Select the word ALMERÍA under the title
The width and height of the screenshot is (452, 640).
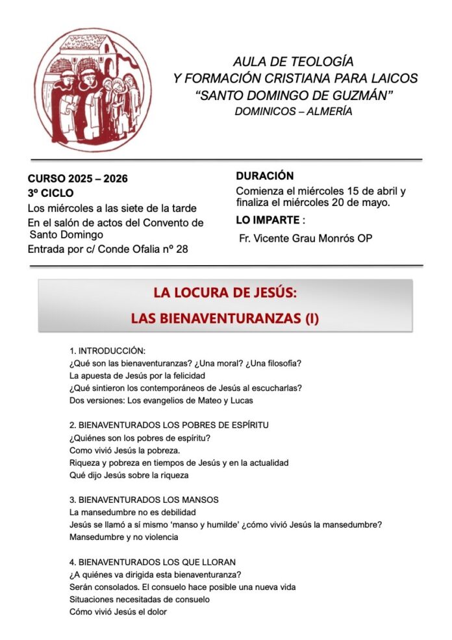[x=329, y=111]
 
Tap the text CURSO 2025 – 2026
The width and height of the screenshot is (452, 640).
[x=77, y=179]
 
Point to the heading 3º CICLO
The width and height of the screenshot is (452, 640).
[x=51, y=193]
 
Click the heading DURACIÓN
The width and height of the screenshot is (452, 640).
[x=264, y=176]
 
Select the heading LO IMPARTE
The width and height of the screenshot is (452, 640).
[x=268, y=221]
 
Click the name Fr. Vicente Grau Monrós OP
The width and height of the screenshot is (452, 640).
[x=305, y=238]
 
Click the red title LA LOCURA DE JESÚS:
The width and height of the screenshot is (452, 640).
[x=225, y=293]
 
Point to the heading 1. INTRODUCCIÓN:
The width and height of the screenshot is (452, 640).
[x=107, y=351]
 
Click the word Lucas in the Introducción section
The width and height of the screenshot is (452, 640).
[x=241, y=400]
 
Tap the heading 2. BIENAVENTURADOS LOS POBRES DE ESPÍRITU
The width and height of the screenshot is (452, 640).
[x=169, y=425]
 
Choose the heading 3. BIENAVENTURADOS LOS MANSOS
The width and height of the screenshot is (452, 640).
[x=144, y=500]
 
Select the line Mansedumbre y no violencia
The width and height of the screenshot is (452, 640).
[x=123, y=537]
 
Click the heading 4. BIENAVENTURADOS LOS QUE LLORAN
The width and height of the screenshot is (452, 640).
[x=152, y=561]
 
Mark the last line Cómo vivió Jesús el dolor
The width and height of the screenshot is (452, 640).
[x=118, y=611]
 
